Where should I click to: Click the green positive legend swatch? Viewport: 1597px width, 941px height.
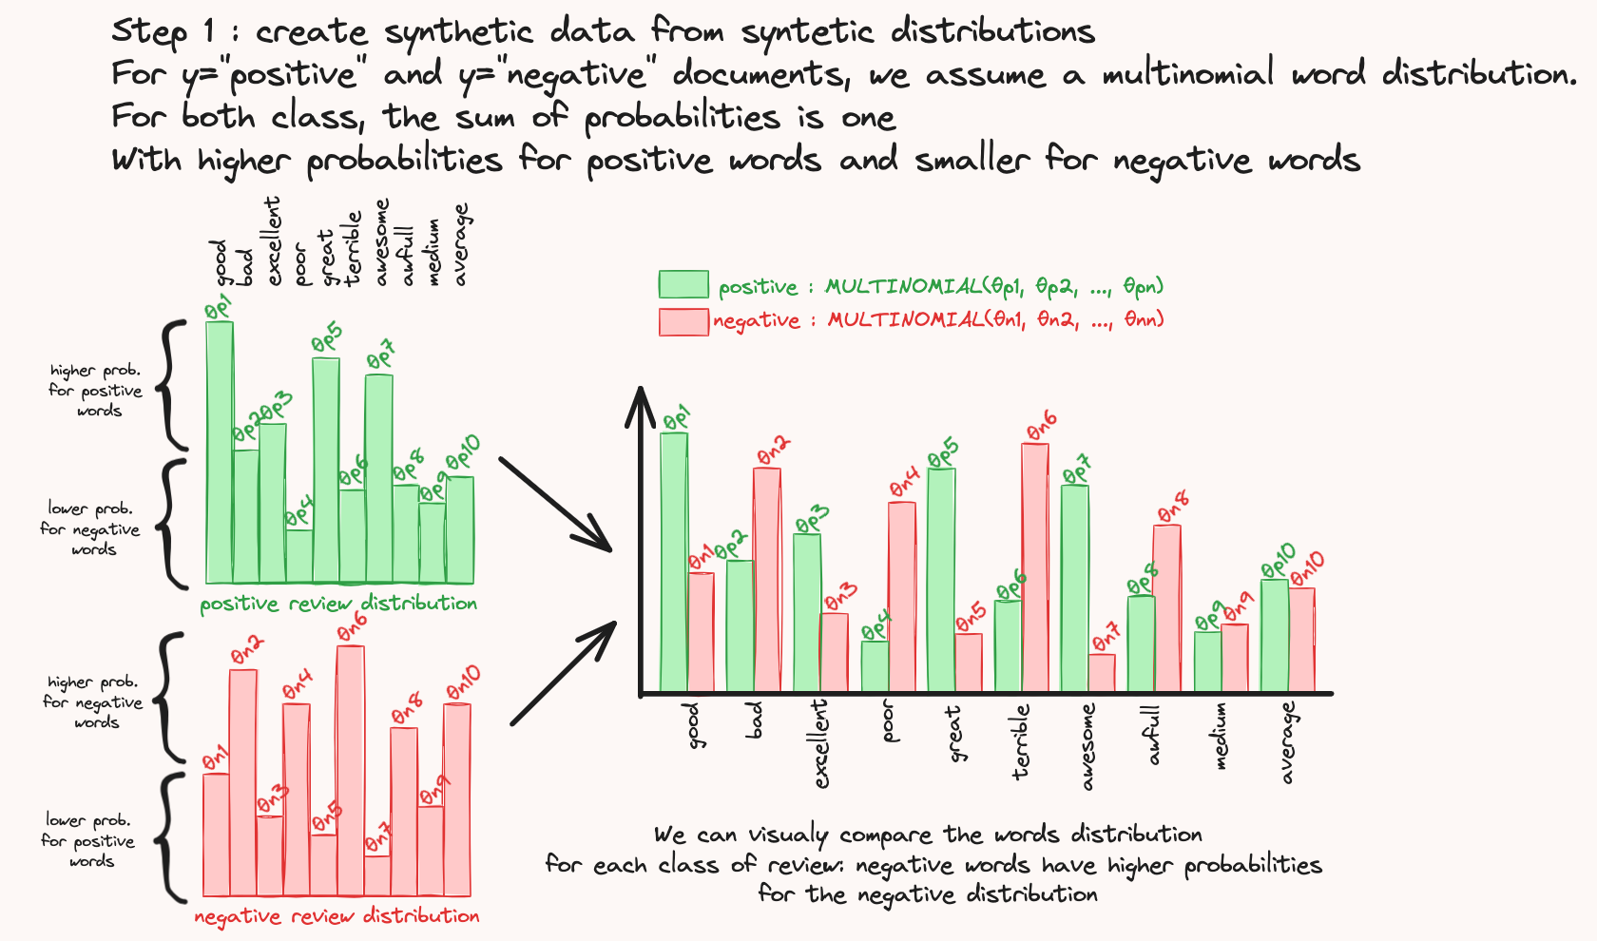683,283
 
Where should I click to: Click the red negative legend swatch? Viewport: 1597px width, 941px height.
683,321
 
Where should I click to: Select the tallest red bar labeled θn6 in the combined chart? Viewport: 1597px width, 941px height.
1034,567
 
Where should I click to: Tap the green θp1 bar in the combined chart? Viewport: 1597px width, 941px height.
674,562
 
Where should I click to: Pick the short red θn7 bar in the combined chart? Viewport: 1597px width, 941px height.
1102,673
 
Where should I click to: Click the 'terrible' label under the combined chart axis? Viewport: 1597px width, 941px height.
1020,740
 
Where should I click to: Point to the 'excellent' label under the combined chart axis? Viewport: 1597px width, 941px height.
820,743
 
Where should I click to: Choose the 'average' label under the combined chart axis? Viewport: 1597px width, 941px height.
1287,743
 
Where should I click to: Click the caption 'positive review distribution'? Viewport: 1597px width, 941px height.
338,604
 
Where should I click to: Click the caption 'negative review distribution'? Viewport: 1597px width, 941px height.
337,916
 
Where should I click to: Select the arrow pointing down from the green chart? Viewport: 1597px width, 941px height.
555,504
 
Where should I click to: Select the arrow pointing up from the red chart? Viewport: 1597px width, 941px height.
563,673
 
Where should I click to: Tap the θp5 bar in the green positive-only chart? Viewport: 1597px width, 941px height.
326,470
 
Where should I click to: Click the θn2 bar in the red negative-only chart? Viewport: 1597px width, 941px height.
243,782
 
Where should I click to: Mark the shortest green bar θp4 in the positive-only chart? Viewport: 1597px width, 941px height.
299,556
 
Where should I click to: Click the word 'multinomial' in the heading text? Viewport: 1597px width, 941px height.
1188,73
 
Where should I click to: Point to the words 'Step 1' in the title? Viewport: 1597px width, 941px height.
164,32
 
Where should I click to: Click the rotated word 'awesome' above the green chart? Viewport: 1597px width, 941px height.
381,242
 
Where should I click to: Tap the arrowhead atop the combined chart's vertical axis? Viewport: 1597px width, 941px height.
641,407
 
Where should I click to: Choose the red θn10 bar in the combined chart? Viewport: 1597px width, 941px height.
1302,641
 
